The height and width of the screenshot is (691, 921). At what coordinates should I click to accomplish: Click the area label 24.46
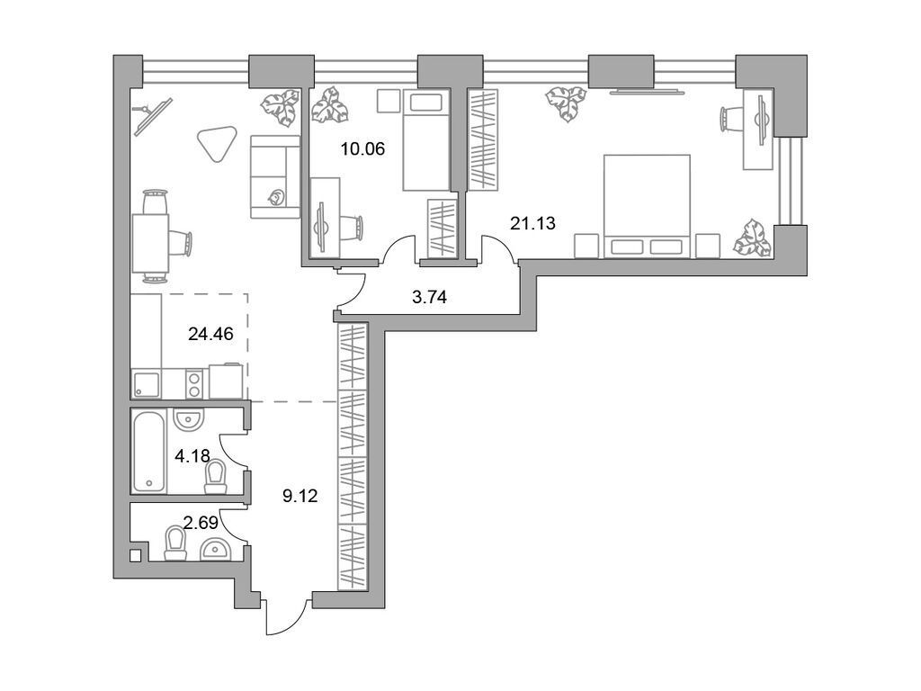[210, 335]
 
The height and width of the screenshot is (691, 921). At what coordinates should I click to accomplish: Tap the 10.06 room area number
[362, 149]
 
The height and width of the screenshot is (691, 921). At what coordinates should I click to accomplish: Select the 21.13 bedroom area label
[532, 224]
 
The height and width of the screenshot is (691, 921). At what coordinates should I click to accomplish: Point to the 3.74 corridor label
[430, 297]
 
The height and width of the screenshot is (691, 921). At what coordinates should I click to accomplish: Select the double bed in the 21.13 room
[646, 206]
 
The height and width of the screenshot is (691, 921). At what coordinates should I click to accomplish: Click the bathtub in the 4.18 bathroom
[149, 451]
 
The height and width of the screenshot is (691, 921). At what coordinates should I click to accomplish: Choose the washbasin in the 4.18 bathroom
[189, 418]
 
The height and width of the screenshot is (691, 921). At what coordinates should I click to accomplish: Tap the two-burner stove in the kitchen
[192, 384]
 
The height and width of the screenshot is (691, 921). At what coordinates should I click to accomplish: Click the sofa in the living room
[273, 176]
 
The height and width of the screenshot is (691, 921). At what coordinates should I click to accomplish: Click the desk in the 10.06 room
[325, 217]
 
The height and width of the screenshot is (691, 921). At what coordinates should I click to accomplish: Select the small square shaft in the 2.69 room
[135, 555]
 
